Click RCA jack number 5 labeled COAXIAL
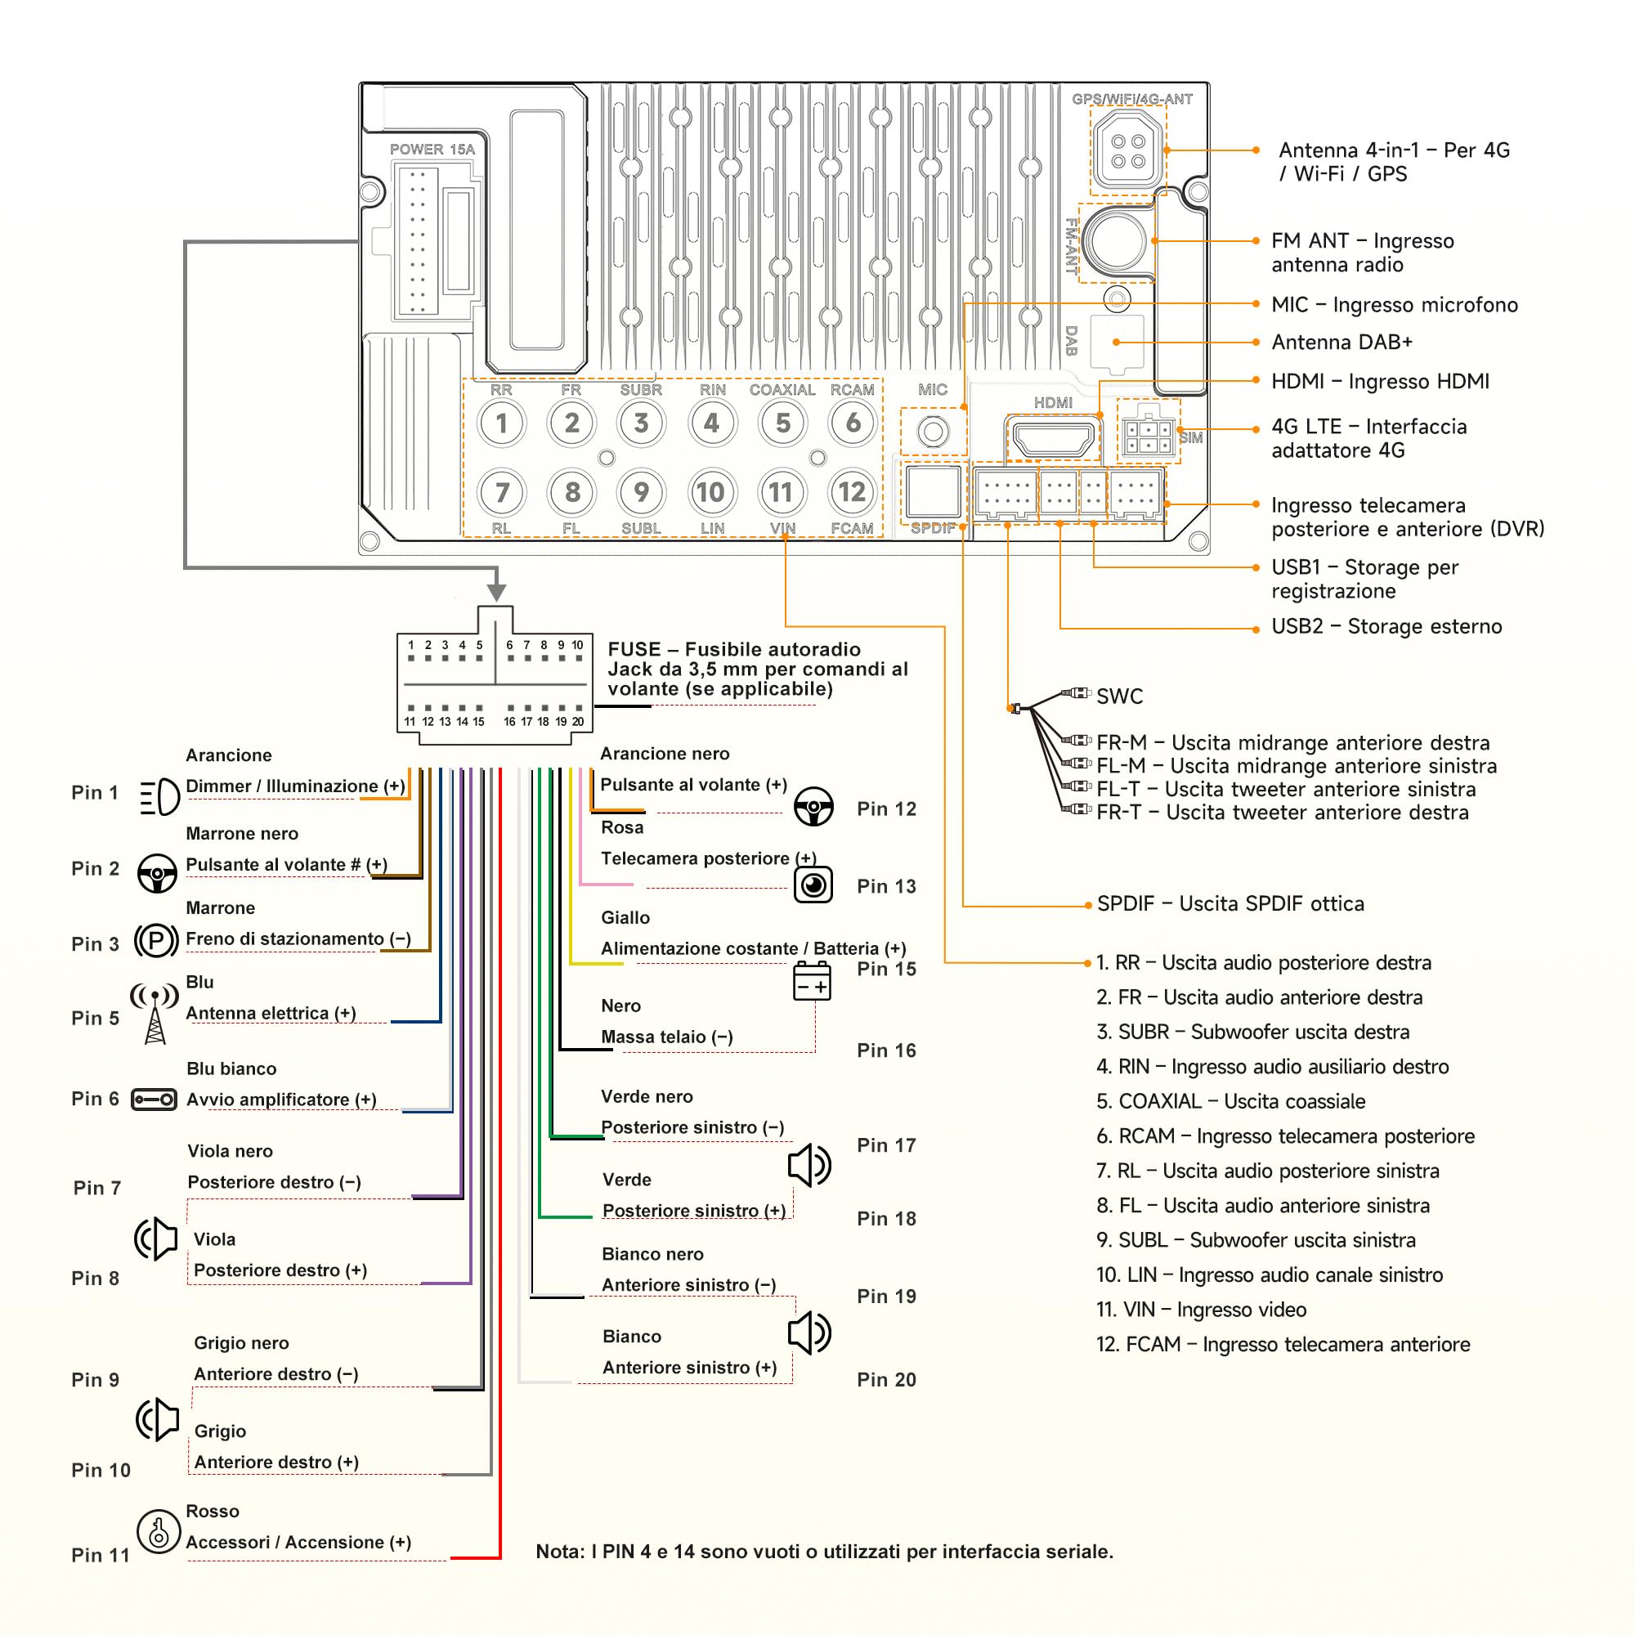pyautogui.click(x=782, y=423)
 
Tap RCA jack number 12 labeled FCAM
pyautogui.click(x=851, y=492)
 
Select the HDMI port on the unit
pyautogui.click(x=1054, y=440)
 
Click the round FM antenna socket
pyautogui.click(x=1117, y=241)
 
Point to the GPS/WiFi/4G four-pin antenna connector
pyautogui.click(x=1128, y=150)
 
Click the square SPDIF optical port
pyautogui.click(x=934, y=491)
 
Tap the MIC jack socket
pyautogui.click(x=934, y=432)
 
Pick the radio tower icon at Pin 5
pyautogui.click(x=155, y=1014)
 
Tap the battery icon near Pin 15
pyautogui.click(x=812, y=982)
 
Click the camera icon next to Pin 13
pyautogui.click(x=813, y=885)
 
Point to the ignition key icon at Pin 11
pyautogui.click(x=159, y=1532)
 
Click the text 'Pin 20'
pyautogui.click(x=886, y=1379)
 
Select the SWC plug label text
pyautogui.click(x=1120, y=697)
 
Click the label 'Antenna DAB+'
pyautogui.click(x=1342, y=342)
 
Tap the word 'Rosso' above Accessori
pyautogui.click(x=213, y=1511)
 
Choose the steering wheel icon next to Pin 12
pyautogui.click(x=813, y=807)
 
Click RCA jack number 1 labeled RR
pyautogui.click(x=502, y=423)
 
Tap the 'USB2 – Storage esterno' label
pyautogui.click(x=1387, y=626)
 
